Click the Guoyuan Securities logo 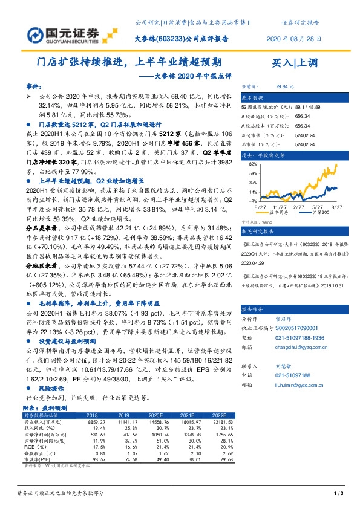[61, 30]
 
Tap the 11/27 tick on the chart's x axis [271, 206]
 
